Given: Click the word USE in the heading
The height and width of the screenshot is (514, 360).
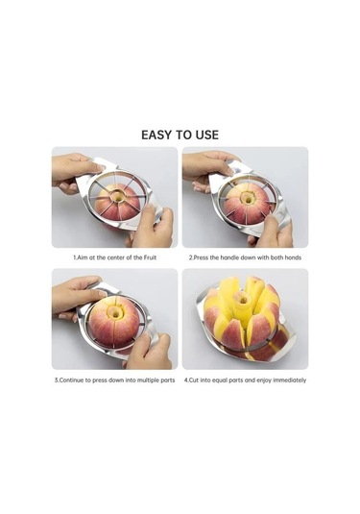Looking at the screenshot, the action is pyautogui.click(x=207, y=135).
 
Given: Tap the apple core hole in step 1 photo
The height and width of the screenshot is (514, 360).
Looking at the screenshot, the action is pyautogui.click(x=117, y=197).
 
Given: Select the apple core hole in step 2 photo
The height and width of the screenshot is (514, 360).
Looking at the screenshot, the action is pyautogui.click(x=248, y=199).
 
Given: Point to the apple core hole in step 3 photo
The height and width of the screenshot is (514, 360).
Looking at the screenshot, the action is pyautogui.click(x=116, y=313).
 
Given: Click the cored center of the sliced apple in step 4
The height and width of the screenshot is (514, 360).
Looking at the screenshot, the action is pyautogui.click(x=243, y=299).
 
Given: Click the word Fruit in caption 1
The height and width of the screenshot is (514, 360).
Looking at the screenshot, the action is pyautogui.click(x=150, y=257).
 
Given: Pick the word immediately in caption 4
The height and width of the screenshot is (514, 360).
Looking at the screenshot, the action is pyautogui.click(x=290, y=380).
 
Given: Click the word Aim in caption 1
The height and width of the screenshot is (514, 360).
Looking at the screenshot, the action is pyautogui.click(x=82, y=257).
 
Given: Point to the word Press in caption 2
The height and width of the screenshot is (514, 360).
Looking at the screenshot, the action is pyautogui.click(x=201, y=257).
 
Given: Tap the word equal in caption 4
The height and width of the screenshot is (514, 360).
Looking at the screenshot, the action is pyautogui.click(x=220, y=380).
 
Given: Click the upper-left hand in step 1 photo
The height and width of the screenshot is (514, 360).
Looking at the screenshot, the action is pyautogui.click(x=75, y=173).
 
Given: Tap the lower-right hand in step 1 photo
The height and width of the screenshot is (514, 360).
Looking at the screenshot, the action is pyautogui.click(x=152, y=227).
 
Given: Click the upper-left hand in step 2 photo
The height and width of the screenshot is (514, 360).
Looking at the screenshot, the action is pyautogui.click(x=206, y=170).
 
